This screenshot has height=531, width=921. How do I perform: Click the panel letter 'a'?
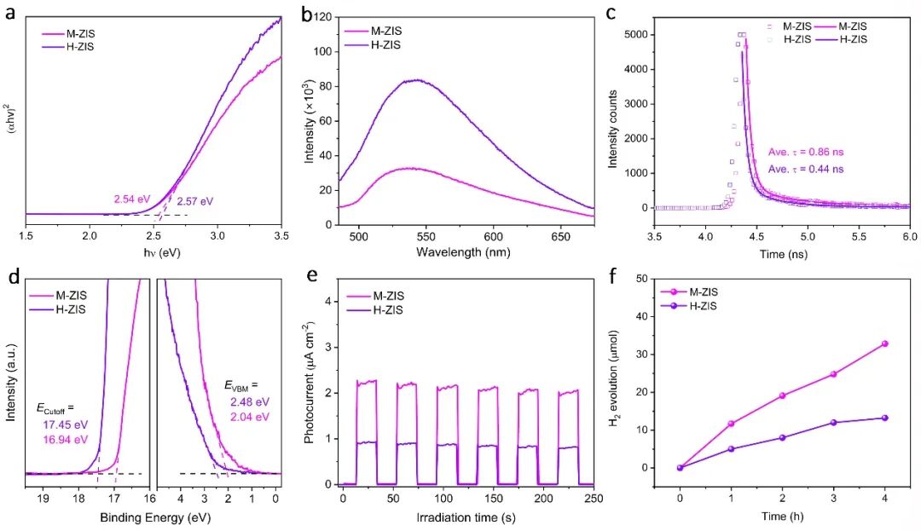click(x=12, y=13)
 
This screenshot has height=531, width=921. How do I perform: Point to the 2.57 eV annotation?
click(x=195, y=202)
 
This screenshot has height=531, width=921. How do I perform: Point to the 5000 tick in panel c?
click(x=632, y=35)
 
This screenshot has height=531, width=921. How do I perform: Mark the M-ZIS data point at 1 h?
click(x=731, y=424)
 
